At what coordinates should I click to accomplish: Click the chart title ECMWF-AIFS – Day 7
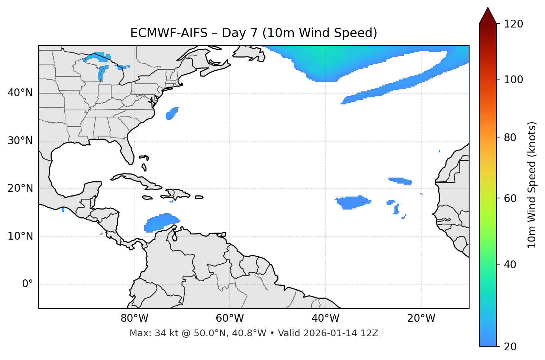coord(254,33)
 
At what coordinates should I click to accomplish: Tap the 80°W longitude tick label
coord(134,318)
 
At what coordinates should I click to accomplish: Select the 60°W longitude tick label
coord(230,318)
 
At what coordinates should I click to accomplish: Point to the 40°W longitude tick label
coord(325,318)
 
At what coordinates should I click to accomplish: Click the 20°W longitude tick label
coord(421,318)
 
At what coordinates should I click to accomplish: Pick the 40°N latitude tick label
coord(20,93)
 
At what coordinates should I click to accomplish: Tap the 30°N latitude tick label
coord(20,141)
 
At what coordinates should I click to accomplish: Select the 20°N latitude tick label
coord(20,188)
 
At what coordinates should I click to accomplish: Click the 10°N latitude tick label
coord(20,236)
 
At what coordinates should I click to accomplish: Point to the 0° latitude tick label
coord(27,284)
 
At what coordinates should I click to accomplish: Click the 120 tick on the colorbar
coord(513,24)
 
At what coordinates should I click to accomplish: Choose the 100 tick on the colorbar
coord(513,80)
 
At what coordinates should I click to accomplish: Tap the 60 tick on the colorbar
coord(511,198)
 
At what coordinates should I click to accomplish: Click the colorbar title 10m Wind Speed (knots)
coord(532,185)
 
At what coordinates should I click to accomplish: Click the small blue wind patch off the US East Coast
coord(172,113)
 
